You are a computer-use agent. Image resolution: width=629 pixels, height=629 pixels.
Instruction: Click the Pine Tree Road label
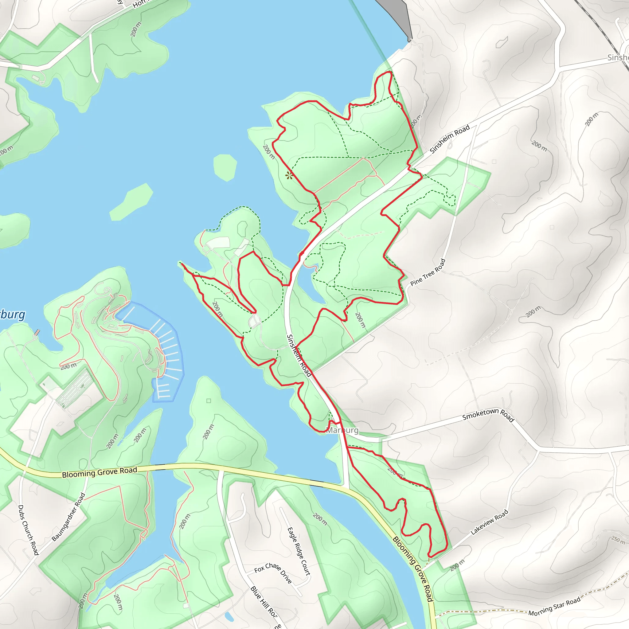point(428,272)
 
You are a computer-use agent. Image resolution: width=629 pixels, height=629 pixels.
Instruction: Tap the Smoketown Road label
point(488,415)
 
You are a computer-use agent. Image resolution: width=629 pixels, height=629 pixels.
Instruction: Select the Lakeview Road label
point(489,522)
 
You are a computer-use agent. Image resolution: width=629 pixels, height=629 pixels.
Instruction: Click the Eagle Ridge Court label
point(299,551)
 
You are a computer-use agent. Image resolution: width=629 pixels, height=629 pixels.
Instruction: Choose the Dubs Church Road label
point(28,530)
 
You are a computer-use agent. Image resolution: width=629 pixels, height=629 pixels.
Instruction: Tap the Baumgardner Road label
point(68,517)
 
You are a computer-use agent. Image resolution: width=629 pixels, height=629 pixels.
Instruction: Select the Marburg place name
point(342,430)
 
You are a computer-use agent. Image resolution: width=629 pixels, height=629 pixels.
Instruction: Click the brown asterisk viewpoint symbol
point(289,176)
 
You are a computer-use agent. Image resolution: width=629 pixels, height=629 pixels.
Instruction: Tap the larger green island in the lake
point(131,201)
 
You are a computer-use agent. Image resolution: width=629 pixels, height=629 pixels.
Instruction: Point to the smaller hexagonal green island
point(225,167)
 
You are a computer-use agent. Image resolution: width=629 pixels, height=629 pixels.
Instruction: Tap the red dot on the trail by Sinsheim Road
point(302,253)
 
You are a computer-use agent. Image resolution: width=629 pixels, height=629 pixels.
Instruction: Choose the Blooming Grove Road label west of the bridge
point(99,472)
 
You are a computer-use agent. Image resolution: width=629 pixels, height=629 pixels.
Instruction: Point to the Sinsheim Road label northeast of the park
point(450,139)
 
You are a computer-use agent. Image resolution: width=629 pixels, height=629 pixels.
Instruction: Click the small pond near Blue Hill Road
point(229,616)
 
